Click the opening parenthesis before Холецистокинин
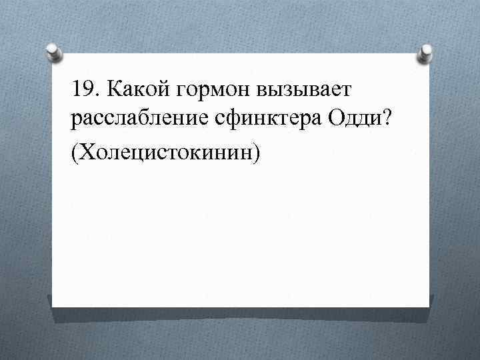pyautogui.click(x=73, y=153)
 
